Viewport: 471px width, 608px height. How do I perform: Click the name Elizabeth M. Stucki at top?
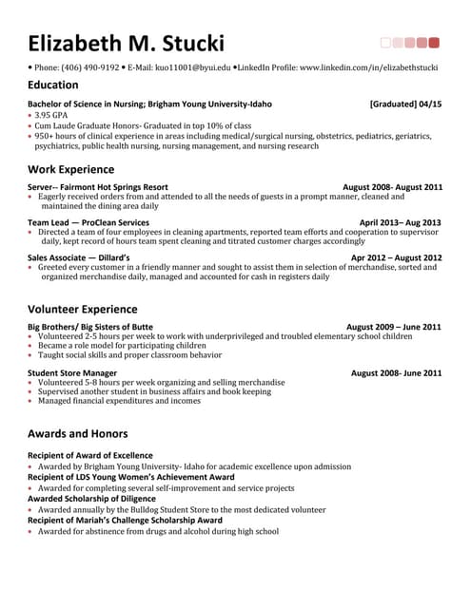[126, 43]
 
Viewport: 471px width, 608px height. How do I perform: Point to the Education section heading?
[53, 85]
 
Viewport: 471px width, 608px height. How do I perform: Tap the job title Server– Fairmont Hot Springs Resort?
[98, 187]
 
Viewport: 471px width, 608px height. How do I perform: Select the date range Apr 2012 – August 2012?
[396, 257]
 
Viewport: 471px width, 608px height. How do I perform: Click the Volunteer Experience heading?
[82, 308]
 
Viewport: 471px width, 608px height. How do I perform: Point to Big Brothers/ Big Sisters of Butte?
[90, 326]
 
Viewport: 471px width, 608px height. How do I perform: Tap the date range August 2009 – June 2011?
[393, 326]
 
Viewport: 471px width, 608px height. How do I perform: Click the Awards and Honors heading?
[78, 434]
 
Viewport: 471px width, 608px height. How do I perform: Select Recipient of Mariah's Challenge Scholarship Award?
[125, 521]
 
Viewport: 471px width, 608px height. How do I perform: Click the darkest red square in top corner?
[435, 42]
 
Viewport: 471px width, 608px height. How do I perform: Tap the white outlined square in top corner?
[385, 42]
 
